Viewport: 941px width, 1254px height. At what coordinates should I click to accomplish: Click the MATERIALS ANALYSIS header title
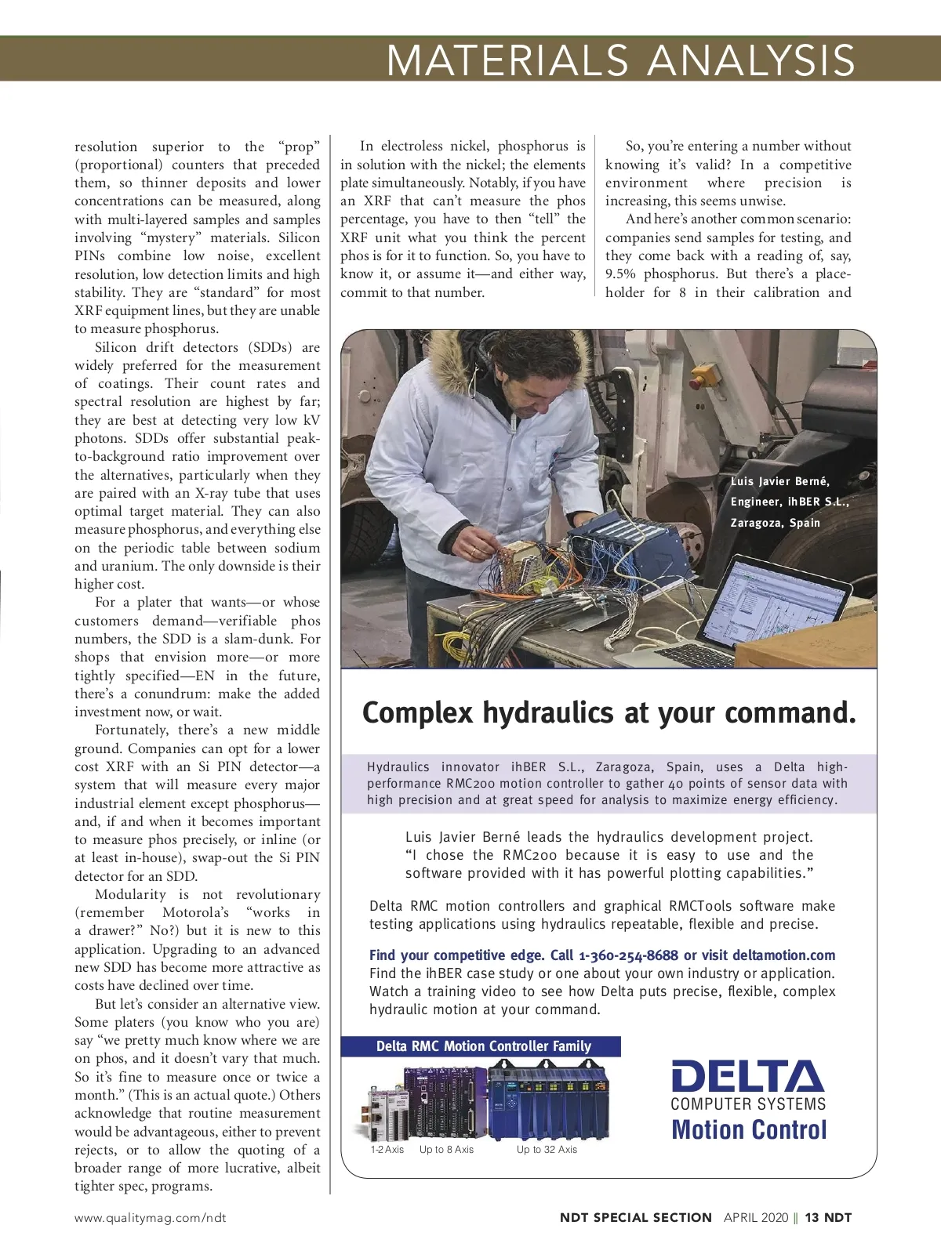(620, 60)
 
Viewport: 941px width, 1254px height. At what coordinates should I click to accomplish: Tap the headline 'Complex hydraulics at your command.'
(609, 712)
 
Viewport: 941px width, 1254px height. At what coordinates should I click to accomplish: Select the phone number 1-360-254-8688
(628, 955)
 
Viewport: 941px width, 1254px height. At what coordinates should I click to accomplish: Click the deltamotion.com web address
(783, 955)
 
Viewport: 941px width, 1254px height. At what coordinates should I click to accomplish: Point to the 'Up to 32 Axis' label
(547, 1150)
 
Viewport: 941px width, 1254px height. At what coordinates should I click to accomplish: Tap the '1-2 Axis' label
(387, 1150)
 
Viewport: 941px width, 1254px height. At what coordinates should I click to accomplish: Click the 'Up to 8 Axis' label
(446, 1150)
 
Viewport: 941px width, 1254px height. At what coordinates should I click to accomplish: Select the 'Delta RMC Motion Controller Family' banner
(483, 1046)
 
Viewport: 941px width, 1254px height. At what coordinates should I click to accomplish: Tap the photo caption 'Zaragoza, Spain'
(775, 523)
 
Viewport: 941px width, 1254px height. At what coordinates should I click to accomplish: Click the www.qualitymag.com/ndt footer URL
(150, 1218)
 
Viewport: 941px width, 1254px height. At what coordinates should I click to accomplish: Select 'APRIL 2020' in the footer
(755, 1218)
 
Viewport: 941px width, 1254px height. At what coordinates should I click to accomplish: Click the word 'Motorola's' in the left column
(195, 913)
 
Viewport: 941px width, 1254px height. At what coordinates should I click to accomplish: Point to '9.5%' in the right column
(621, 274)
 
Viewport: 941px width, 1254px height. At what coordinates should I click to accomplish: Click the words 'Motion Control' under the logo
(749, 1130)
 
